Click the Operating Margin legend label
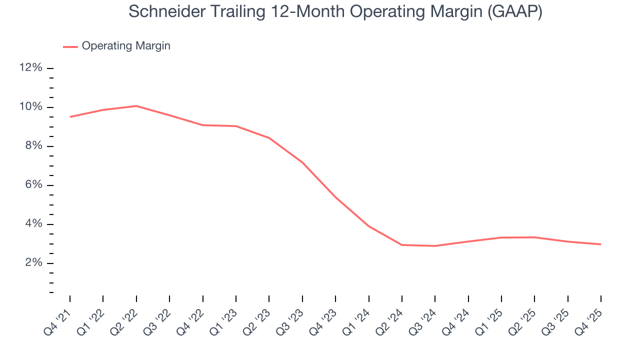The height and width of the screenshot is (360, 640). [126, 46]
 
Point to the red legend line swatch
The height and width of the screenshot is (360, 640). [70, 46]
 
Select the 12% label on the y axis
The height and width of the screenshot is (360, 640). [31, 68]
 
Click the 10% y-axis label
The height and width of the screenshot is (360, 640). [31, 107]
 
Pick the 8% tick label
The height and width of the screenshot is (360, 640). [33, 146]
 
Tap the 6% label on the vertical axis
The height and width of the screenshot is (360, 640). [33, 185]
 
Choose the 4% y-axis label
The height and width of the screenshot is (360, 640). [33, 224]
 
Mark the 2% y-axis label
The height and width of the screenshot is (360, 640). [33, 263]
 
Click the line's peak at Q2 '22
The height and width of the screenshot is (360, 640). [136, 106]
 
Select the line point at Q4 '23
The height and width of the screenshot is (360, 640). [335, 197]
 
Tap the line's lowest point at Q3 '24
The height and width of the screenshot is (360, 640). [435, 246]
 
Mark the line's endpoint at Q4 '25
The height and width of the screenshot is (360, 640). [600, 244]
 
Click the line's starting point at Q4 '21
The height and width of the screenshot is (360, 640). [70, 117]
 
